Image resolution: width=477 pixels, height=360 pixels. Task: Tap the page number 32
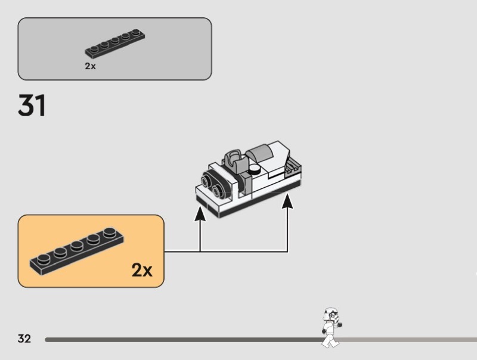[24, 339]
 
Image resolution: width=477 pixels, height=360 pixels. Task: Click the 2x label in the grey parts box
[90, 66]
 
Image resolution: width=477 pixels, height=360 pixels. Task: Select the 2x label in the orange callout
[142, 271]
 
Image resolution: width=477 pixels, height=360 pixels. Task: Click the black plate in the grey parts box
[116, 44]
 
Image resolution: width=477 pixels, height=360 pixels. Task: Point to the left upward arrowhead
[200, 212]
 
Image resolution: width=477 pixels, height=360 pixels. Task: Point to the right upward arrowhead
[287, 201]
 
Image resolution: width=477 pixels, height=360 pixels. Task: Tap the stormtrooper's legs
[329, 340]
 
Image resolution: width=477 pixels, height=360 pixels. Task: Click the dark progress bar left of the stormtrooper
[179, 340]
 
